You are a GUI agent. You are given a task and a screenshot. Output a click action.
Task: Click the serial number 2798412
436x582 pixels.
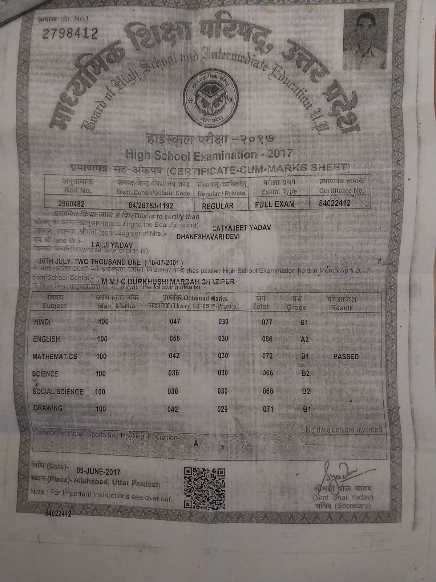70,34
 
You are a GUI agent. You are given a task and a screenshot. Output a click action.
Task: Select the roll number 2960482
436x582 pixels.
71,204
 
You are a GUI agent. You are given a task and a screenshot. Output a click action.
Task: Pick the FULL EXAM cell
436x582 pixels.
275,204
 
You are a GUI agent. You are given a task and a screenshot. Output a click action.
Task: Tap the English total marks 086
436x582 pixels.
267,339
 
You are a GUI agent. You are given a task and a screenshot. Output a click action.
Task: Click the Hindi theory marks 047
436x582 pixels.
175,321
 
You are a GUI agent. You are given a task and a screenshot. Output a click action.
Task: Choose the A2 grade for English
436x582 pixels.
304,339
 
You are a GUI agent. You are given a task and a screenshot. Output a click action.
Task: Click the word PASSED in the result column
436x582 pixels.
346,357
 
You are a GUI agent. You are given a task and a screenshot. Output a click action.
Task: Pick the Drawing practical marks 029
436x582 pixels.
222,409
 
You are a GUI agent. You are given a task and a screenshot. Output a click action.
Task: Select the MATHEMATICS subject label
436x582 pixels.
54,356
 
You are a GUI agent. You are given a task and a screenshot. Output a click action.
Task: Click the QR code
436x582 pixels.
205,487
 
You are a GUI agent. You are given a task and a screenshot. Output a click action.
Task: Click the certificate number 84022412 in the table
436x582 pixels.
334,203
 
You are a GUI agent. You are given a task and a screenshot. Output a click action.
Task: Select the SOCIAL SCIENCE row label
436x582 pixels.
58,392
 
